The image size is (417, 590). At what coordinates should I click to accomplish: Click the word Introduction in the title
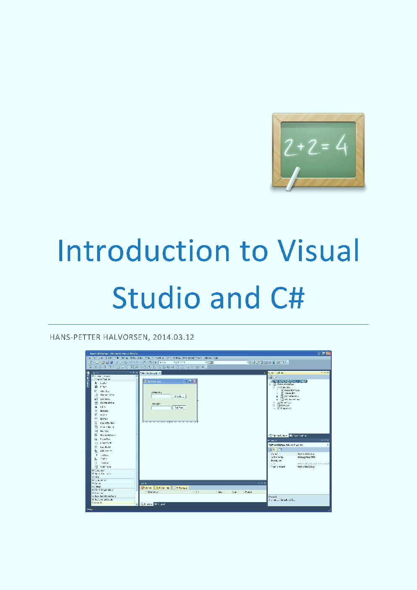point(143,251)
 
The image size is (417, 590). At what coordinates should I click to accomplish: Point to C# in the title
point(287,298)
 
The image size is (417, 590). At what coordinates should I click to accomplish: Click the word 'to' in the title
point(254,251)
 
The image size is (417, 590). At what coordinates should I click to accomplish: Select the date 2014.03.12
point(173,337)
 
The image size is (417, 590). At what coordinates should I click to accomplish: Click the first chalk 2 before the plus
point(290,148)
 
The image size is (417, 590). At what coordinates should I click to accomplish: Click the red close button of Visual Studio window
point(328,354)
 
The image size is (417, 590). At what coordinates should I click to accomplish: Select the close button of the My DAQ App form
point(195,381)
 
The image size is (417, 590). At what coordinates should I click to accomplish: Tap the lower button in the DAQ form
point(179,407)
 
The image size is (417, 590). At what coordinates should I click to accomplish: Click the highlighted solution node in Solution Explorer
point(290,381)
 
